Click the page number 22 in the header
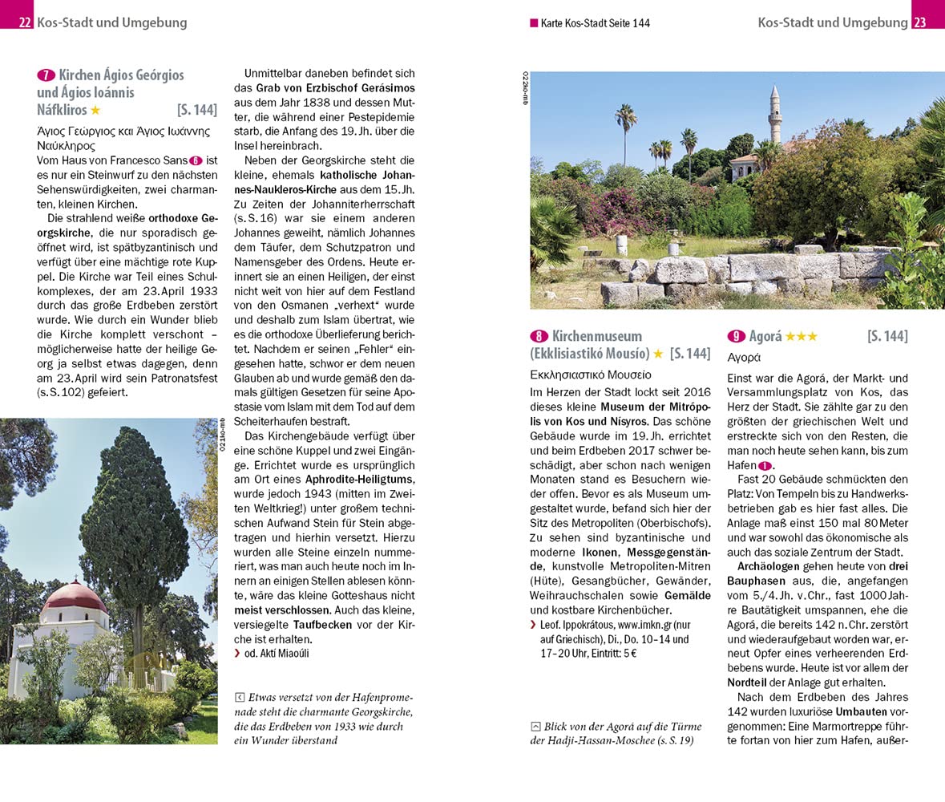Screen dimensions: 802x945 tap(25, 22)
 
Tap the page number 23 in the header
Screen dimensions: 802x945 tap(919, 22)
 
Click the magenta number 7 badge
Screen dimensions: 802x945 tap(46, 75)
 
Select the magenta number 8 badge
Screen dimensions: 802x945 tap(539, 336)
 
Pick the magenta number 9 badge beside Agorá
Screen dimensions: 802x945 tap(736, 336)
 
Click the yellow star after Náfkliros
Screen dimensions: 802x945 tap(95, 111)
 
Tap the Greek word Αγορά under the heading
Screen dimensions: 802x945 tap(744, 357)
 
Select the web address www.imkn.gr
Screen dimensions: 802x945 tap(645, 624)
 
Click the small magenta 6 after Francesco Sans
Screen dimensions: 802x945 tap(194, 160)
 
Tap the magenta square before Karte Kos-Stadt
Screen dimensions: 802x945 tap(534, 23)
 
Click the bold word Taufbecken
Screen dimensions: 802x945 tap(323, 624)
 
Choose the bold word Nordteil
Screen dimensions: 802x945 tap(747, 683)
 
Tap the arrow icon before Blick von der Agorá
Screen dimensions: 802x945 tap(535, 727)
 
